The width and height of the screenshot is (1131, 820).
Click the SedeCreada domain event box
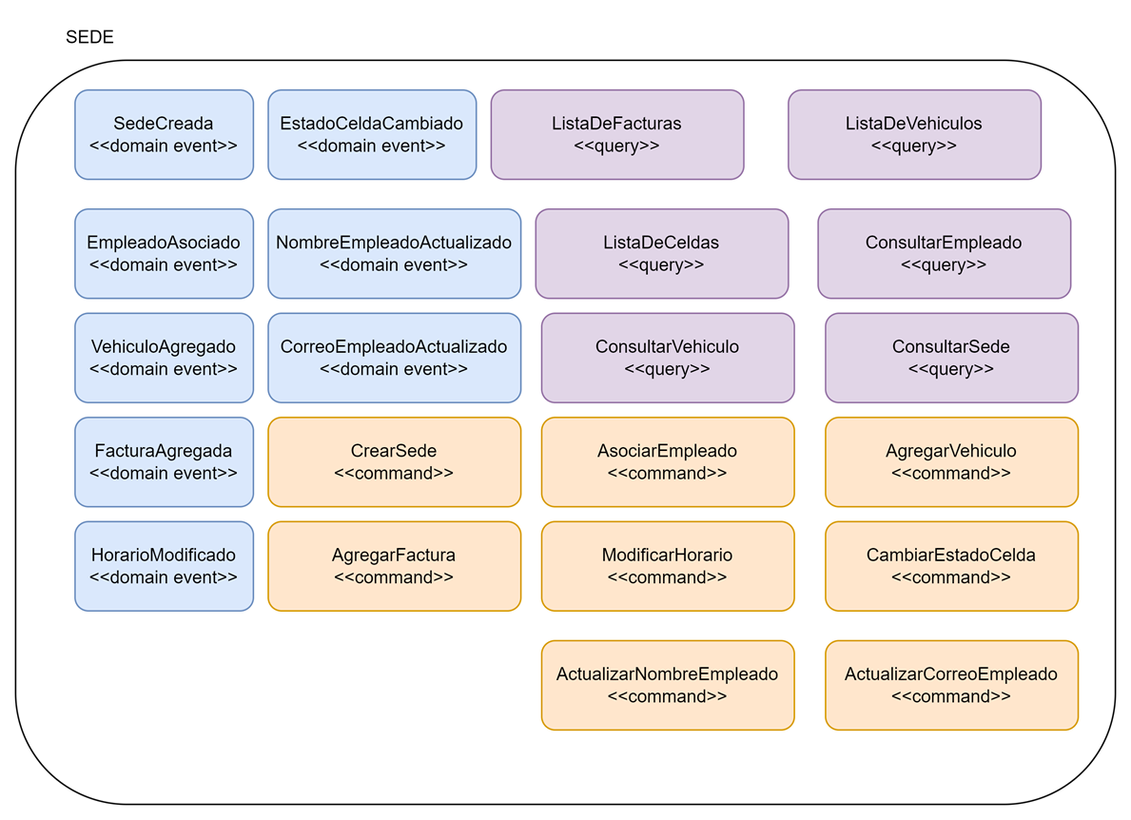tap(164, 134)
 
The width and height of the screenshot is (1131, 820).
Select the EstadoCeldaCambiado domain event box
tap(372, 134)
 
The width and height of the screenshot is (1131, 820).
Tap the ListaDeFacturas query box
tap(616, 134)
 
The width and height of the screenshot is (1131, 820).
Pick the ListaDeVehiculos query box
tap(914, 134)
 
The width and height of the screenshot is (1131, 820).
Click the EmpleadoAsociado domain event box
tap(164, 253)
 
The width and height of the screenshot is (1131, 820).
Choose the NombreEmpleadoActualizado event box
tap(394, 253)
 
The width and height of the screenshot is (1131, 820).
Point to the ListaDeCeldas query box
tap(661, 253)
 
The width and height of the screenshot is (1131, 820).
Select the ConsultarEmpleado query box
tap(944, 253)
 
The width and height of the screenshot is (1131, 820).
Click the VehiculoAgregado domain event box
tap(164, 358)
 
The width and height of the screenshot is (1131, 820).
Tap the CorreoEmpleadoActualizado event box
tap(394, 358)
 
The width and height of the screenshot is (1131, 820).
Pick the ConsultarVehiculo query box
tap(667, 358)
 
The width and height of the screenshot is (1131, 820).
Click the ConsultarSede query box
tap(951, 358)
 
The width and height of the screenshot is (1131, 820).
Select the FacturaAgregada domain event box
tap(164, 461)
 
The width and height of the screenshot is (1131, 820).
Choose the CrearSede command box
tap(394, 461)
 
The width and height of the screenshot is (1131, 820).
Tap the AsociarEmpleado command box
tap(667, 461)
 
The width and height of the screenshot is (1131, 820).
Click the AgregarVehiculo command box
tap(951, 461)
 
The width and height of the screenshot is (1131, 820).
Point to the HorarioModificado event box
tap(164, 566)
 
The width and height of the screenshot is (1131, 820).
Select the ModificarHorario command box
tap(667, 566)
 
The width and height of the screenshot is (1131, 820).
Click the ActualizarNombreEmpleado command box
tap(667, 685)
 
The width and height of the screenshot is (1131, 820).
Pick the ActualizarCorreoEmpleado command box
tap(951, 685)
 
